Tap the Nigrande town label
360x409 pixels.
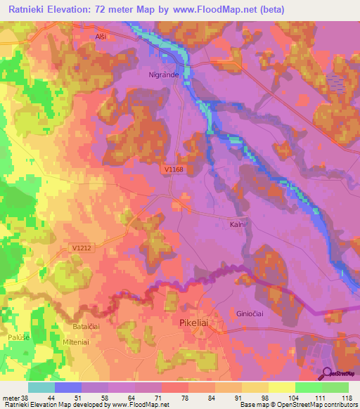click(x=163, y=73)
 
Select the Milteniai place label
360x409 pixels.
click(x=82, y=342)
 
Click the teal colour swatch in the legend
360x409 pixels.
click(x=41, y=387)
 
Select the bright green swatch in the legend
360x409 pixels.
click(x=309, y=387)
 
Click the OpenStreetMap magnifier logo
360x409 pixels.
click(x=327, y=375)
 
